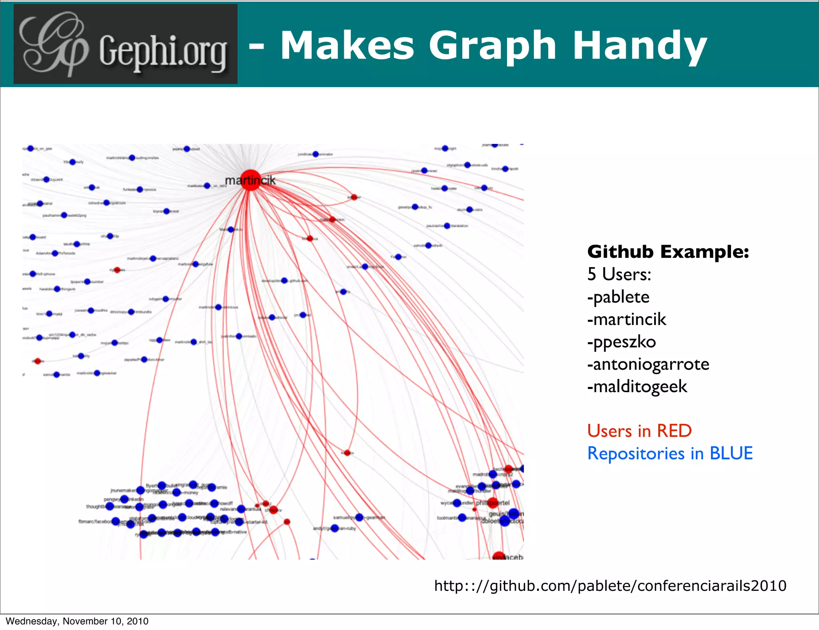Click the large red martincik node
tap(250, 180)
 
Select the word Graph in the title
tap(492, 46)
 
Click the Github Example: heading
tap(668, 252)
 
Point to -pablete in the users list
tap(618, 297)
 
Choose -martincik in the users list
tap(626, 319)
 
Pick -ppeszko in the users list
tap(621, 342)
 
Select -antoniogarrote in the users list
tap(648, 364)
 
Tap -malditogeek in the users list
tap(637, 387)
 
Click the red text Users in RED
tap(639, 431)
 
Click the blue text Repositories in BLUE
tap(670, 453)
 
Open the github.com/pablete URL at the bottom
tap(610, 586)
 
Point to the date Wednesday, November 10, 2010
tap(77, 621)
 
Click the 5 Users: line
tap(619, 275)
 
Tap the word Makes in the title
tap(347, 46)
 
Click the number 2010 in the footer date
tap(138, 621)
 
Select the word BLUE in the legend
tap(731, 453)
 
